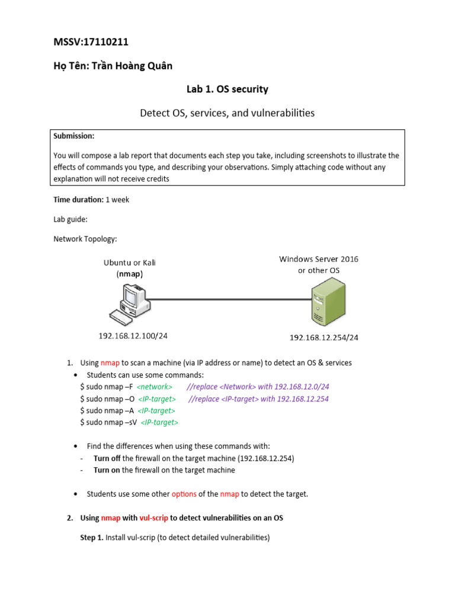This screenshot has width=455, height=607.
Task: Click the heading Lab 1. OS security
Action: tap(227, 90)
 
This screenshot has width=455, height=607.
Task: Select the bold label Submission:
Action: tap(73, 136)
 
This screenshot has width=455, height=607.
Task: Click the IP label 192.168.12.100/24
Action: tap(133, 336)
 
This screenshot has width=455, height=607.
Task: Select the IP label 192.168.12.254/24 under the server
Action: tap(323, 337)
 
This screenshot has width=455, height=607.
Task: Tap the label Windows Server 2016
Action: tap(319, 259)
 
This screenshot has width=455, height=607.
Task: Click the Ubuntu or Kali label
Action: tap(130, 263)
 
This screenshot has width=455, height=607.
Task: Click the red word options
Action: tap(184, 494)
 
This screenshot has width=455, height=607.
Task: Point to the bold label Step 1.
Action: tap(91, 538)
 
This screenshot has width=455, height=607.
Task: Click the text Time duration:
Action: tap(78, 200)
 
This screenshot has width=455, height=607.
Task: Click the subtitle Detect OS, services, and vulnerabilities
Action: tap(227, 113)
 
